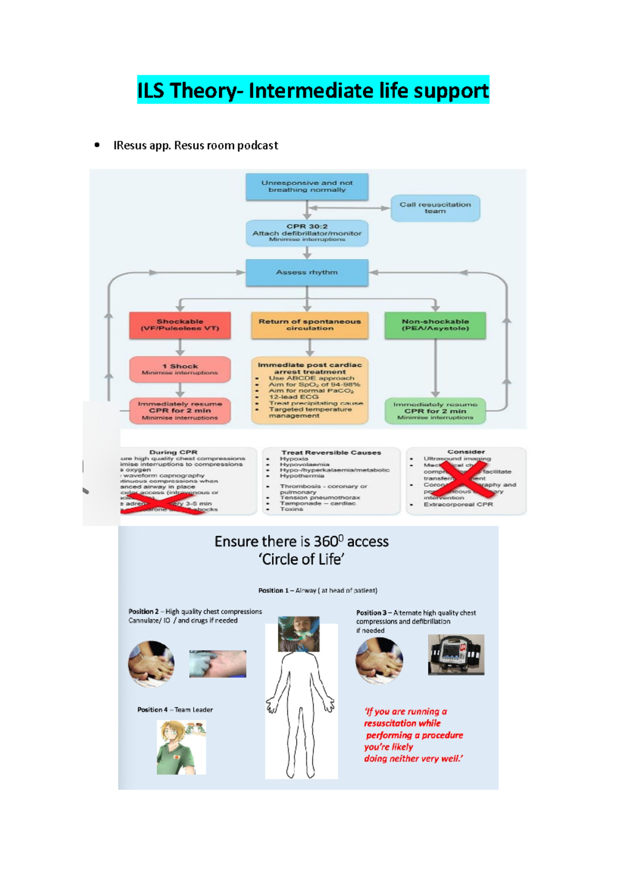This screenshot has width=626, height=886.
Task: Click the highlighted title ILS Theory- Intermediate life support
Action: click(x=313, y=90)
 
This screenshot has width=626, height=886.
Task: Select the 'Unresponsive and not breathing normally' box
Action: click(x=307, y=187)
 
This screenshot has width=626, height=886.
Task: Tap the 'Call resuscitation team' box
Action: click(x=435, y=208)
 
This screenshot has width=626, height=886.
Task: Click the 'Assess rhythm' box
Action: click(x=307, y=272)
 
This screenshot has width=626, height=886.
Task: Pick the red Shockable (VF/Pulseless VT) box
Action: click(x=180, y=325)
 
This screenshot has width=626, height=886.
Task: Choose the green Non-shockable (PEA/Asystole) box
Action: click(x=435, y=325)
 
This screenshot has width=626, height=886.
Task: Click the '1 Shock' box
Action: click(x=180, y=369)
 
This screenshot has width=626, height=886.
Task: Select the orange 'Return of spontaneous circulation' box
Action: click(x=309, y=325)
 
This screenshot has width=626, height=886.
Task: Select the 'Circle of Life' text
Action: click(x=302, y=559)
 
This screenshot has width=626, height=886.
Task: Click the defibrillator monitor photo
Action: click(x=456, y=655)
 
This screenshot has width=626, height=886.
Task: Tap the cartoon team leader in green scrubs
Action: click(x=181, y=747)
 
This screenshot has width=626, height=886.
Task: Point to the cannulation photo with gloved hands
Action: click(x=218, y=664)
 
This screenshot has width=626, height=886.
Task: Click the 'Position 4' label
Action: click(x=152, y=710)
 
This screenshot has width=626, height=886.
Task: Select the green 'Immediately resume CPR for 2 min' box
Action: click(x=435, y=411)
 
